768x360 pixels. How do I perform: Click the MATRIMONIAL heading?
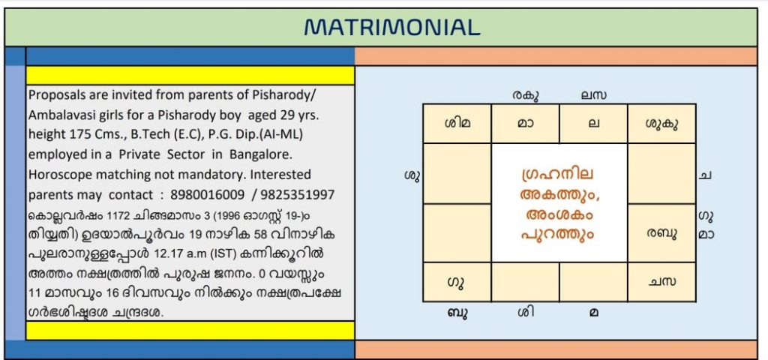[391, 28]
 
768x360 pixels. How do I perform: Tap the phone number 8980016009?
[208, 195]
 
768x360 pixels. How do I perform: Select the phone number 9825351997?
[297, 195]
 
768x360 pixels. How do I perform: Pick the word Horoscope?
[60, 175]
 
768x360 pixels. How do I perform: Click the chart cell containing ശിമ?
[457, 124]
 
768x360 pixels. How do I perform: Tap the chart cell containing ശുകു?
[661, 124]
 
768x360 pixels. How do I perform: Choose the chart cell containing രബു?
[661, 233]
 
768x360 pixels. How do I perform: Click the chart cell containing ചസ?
[661, 282]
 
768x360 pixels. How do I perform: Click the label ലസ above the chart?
[594, 95]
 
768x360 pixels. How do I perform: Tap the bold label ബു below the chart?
[456, 313]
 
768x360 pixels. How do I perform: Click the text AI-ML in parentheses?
[282, 134]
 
